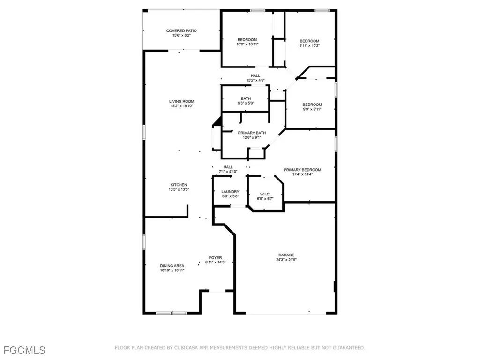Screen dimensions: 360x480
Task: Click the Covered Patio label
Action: [181, 31]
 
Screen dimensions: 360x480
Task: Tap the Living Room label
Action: [182, 101]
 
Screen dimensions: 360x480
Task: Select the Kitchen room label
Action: [179, 185]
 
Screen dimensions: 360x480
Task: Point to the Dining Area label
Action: [172, 266]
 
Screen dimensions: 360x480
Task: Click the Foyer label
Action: [215, 258]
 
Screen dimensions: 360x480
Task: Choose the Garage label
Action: [285, 255]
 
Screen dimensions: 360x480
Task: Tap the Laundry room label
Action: [230, 191]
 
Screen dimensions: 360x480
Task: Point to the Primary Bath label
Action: [255, 133]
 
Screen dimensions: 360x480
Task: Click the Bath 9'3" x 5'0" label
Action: [246, 98]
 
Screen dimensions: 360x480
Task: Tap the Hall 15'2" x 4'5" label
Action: [255, 75]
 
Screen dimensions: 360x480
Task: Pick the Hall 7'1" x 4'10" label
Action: [228, 167]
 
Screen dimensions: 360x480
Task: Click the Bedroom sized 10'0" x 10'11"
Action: [247, 39]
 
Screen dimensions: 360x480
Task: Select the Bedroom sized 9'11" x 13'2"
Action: [309, 41]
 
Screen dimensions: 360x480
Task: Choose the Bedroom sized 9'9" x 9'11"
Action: [312, 105]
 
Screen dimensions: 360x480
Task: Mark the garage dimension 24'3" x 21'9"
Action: [285, 260]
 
